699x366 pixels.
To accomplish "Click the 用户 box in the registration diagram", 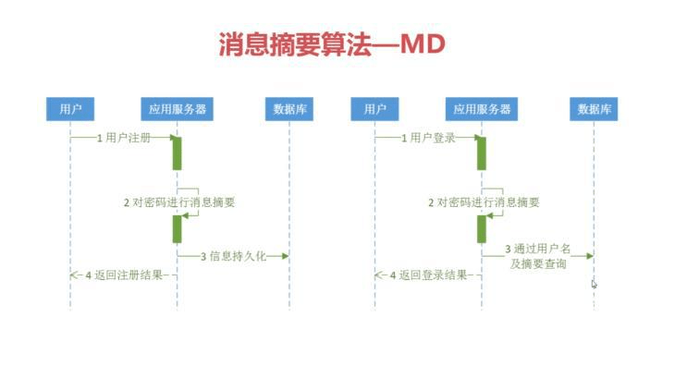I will pos(70,109).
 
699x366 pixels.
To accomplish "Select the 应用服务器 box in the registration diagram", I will pos(177,109).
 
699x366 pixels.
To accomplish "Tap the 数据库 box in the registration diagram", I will pos(289,109).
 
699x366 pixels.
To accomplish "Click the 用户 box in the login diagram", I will pos(374,109).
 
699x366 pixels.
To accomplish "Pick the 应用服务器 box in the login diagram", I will pos(482,109).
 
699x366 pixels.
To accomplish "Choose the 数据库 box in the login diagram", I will pos(594,109).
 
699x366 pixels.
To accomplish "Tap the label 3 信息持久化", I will pos(233,256).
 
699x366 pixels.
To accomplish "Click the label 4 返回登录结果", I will pos(429,275).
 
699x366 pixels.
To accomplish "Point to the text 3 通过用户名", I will pos(537,250).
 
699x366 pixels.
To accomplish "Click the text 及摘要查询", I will pos(537,264).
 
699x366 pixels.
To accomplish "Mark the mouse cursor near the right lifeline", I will pos(594,284).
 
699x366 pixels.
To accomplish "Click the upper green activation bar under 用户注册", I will pos(177,152).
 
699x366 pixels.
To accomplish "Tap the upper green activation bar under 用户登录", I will pos(481,152).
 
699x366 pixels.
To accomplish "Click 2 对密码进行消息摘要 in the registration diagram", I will pos(179,201).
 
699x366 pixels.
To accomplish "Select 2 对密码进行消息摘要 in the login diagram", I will pos(484,201).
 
